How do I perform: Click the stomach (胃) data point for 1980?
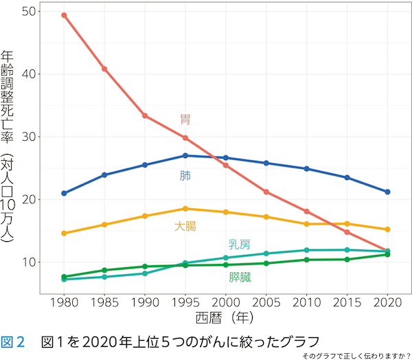click(64, 15)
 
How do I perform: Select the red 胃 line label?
click(185, 120)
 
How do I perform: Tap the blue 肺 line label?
click(185, 176)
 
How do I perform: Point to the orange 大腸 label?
click(185, 225)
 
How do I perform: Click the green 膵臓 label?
click(240, 278)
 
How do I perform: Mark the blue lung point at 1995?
click(185, 156)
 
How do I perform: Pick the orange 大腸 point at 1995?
click(185, 209)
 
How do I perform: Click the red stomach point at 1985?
click(104, 69)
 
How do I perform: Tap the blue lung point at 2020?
click(387, 192)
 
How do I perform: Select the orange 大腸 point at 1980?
click(64, 234)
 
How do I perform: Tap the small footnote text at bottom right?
click(356, 355)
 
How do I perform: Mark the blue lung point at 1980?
click(64, 193)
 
